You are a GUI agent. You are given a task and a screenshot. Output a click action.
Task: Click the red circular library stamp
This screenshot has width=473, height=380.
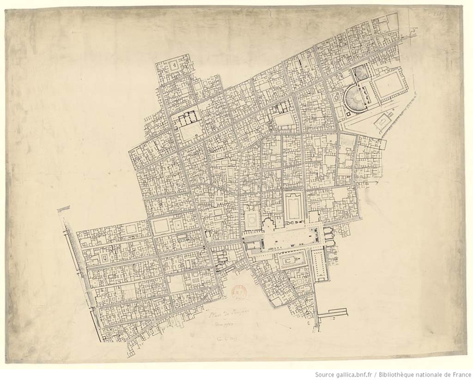[x=239, y=292]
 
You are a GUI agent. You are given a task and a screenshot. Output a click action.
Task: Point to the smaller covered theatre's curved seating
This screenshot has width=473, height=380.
[x=360, y=73]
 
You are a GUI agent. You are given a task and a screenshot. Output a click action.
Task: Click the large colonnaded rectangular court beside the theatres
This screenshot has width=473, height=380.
[x=388, y=85]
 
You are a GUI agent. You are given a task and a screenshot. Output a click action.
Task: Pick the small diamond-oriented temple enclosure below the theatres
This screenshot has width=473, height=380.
[x=382, y=122]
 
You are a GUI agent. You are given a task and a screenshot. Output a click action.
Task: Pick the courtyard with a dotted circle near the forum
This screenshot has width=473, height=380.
[x=252, y=221]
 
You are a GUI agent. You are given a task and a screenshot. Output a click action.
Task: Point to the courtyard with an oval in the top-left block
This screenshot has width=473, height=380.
[x=174, y=66]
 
